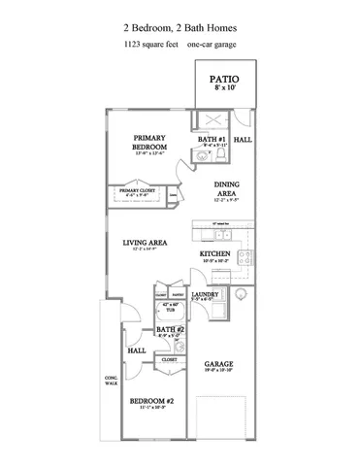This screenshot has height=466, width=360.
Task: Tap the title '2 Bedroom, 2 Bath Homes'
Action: pyautogui.click(x=180, y=27)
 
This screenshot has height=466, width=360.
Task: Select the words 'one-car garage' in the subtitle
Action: pyautogui.click(x=215, y=45)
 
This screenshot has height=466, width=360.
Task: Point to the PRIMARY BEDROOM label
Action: pyautogui.click(x=150, y=144)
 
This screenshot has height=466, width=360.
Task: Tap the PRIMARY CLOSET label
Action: pyautogui.click(x=137, y=190)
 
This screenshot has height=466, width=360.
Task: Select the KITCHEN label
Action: pyautogui.click(x=214, y=253)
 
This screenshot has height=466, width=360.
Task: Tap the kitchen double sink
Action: pyautogui.click(x=222, y=234)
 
